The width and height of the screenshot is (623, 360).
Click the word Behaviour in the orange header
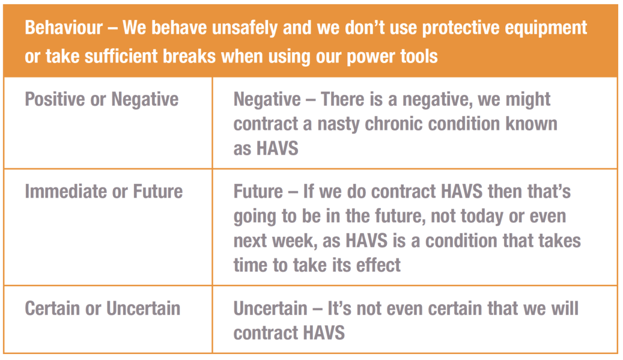tap(64, 28)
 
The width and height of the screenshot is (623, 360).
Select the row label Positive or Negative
tap(102, 99)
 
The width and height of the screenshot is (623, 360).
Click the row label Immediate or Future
tap(104, 192)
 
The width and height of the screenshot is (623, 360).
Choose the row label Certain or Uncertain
tap(103, 308)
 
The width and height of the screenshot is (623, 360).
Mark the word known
tap(532, 124)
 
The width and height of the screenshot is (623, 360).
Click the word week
tap(292, 241)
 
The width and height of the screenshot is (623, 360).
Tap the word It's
tap(339, 308)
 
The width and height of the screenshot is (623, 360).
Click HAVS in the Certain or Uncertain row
tap(323, 333)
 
